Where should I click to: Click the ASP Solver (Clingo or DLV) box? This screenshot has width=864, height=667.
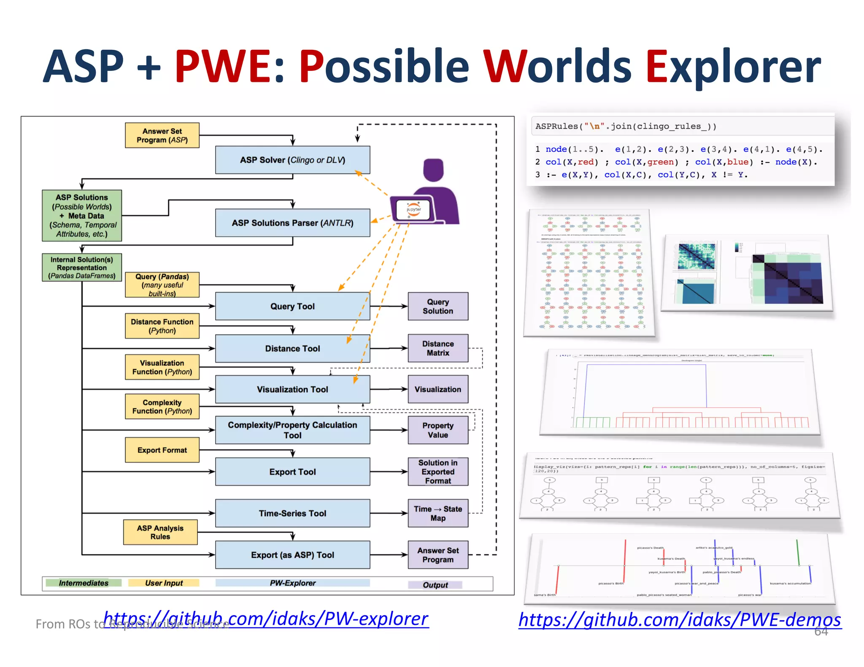coord(292,160)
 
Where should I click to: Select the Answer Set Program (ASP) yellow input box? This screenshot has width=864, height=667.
coord(162,135)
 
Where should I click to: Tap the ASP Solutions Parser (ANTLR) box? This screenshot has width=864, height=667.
coord(292,223)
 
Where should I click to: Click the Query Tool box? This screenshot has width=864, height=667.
coord(292,306)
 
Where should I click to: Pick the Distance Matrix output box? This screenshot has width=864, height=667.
coord(438,348)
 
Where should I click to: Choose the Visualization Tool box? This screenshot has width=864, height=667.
coord(292,389)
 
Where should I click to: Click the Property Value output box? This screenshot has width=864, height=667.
coord(438,430)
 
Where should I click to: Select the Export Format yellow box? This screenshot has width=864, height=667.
coord(162,450)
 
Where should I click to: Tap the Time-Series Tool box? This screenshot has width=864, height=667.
coord(292,513)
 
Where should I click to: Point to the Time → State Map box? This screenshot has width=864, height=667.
coord(438,513)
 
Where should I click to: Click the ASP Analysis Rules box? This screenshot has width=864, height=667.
coord(160,532)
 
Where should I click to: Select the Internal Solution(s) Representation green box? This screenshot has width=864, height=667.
coord(82,267)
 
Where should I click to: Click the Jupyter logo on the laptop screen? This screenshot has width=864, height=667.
coord(414,210)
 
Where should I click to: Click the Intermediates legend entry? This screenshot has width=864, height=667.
coord(84,583)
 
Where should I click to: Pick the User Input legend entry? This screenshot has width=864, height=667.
coord(164,583)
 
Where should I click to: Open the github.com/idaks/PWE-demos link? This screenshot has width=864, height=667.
coord(680,620)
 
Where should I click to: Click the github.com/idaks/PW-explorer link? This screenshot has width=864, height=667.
coord(266,618)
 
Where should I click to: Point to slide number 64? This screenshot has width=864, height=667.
coord(821,631)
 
